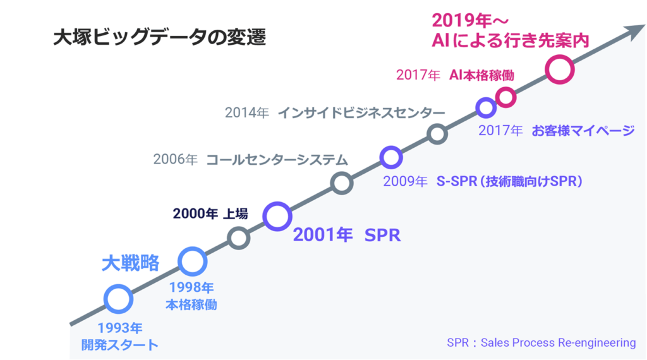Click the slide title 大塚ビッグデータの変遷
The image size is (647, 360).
coord(160,37)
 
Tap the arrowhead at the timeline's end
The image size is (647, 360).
coord(636,32)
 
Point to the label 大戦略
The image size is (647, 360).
coord(130,263)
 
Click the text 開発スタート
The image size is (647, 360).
coord(119,345)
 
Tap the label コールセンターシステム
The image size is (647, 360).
coord(277,159)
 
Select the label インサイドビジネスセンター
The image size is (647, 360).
coord(361,112)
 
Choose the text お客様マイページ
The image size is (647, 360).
coord(583,130)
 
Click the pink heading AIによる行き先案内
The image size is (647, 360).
coord(511,40)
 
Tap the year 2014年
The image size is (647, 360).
coord(247,112)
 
